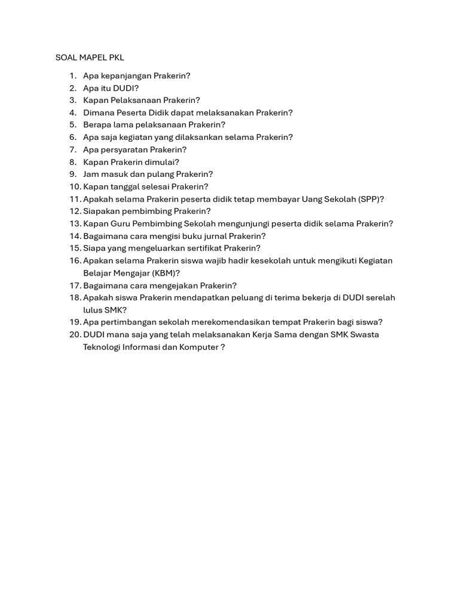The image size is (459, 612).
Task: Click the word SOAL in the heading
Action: pos(66,57)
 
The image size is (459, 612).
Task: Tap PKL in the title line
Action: pos(117,57)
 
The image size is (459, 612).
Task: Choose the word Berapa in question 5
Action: pos(97,125)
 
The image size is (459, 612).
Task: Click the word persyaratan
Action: pos(123,149)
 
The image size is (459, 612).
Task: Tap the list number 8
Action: pos(73,162)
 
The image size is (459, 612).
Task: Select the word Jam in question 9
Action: pos(91,174)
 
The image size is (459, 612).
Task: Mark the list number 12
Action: pos(75,211)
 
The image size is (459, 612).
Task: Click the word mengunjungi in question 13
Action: pos(235,224)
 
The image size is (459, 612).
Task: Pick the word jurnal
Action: pos(212,236)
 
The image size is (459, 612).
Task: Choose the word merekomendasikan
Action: pos(229,322)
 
